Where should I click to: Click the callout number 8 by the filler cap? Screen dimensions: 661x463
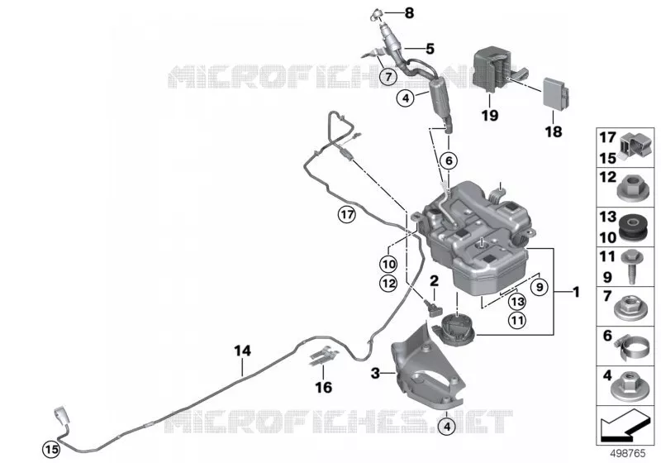tap(409, 13)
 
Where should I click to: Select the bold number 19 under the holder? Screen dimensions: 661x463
tap(490, 115)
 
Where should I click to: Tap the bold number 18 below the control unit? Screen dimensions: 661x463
tap(554, 132)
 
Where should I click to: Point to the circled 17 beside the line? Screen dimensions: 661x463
tap(347, 215)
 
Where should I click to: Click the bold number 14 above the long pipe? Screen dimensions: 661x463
tap(242, 351)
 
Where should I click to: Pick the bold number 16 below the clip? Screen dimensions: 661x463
tap(323, 387)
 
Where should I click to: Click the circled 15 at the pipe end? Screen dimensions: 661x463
tap(51, 450)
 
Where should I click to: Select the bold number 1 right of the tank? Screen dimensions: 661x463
tap(576, 292)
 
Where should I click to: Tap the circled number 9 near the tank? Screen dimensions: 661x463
tap(540, 288)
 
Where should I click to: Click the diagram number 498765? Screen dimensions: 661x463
tap(628, 454)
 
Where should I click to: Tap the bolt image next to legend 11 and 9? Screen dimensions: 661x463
tap(632, 266)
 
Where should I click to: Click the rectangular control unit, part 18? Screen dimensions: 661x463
tap(556, 93)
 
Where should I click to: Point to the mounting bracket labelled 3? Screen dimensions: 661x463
tap(426, 371)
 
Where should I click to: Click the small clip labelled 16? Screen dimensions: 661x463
tap(324, 356)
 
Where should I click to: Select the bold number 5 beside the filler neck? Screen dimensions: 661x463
tap(430, 49)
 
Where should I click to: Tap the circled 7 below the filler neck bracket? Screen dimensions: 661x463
tap(388, 77)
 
